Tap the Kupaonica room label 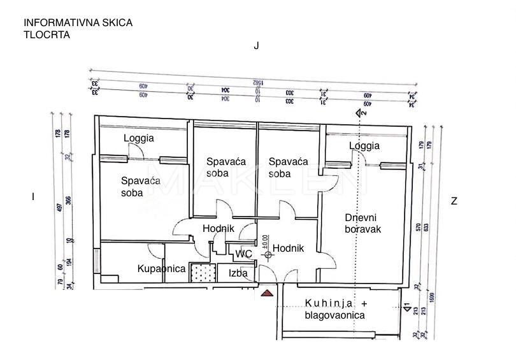pos(161,269)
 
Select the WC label pos(243,254)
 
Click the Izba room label pos(238,273)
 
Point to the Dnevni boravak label pos(362,223)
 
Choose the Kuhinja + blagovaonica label pos(336,309)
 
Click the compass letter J pos(256,46)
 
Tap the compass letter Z pos(454,201)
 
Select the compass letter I pos(32,197)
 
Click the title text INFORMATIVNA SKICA pos(78,23)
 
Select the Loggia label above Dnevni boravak pos(364,146)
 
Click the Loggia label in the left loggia pos(139,138)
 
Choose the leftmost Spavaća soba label pos(140,187)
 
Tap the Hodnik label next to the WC pos(288,248)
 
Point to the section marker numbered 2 pos(360,113)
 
